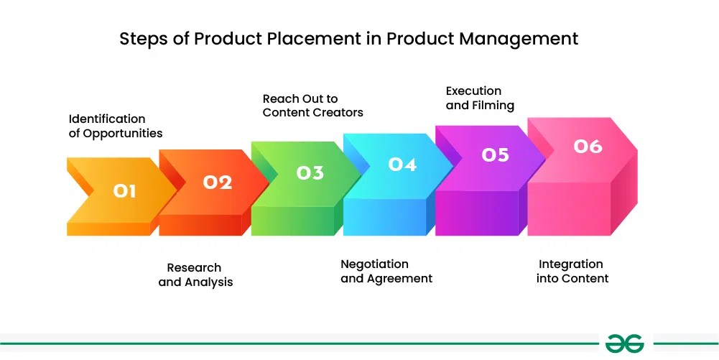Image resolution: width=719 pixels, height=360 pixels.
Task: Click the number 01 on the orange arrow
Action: pyautogui.click(x=124, y=190)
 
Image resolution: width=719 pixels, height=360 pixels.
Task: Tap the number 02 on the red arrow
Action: pyautogui.click(x=217, y=183)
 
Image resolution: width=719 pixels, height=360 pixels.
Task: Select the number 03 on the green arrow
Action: pyautogui.click(x=310, y=172)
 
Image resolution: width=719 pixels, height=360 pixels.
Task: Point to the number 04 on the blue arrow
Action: pyautogui.click(x=402, y=164)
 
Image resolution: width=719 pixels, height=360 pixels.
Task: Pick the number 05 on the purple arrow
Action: pyautogui.click(x=495, y=154)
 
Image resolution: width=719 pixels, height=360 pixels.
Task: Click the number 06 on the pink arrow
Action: pyautogui.click(x=588, y=146)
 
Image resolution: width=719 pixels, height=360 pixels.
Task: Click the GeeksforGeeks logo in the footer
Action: pyautogui.click(x=624, y=343)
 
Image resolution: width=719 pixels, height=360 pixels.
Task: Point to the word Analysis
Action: pyautogui.click(x=208, y=282)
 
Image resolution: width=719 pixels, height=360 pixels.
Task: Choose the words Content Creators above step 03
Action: pyautogui.click(x=313, y=113)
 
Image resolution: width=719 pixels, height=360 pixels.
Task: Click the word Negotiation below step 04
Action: pyautogui.click(x=374, y=264)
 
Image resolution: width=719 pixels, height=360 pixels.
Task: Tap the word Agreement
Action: pyautogui.click(x=399, y=279)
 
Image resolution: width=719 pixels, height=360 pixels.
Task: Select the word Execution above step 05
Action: pyautogui.click(x=473, y=91)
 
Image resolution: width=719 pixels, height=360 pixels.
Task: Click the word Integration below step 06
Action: pyautogui.click(x=571, y=264)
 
